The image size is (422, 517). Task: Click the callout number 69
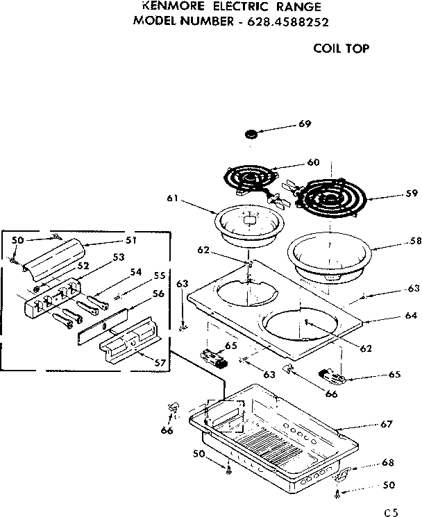point(305,124)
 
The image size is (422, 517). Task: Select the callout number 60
point(312,162)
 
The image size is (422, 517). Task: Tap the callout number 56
point(158,293)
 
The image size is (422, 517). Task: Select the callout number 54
point(135,272)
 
